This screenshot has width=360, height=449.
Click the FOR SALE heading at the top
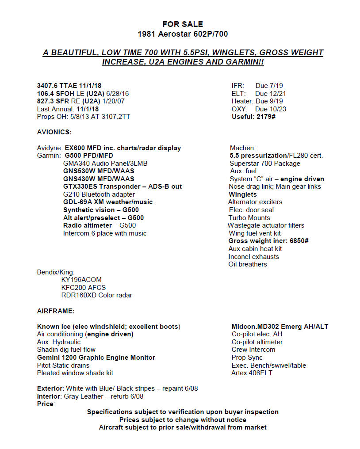pos(183,24)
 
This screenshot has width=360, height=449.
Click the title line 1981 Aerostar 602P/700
pos(183,34)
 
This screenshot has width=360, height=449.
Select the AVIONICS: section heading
pos(54,132)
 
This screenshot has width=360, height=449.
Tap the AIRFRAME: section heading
pos(56,311)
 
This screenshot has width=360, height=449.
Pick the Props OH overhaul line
pos(84,117)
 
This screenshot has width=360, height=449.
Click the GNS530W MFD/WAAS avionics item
pos(99,171)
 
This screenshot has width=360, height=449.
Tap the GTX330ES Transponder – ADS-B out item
pos(122,186)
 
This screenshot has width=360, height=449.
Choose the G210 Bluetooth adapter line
pos(99,194)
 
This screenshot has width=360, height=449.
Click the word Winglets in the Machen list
pos(243,194)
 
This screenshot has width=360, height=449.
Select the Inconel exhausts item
pos(253,257)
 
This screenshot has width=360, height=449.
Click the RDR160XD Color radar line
pos(96,295)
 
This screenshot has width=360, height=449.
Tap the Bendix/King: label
pos(56,272)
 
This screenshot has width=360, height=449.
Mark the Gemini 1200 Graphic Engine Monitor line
pos(96,358)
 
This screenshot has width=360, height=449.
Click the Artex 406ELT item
pos(252,373)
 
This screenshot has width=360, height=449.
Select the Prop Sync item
pos(247,358)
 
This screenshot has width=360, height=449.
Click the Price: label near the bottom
pos(46,404)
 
